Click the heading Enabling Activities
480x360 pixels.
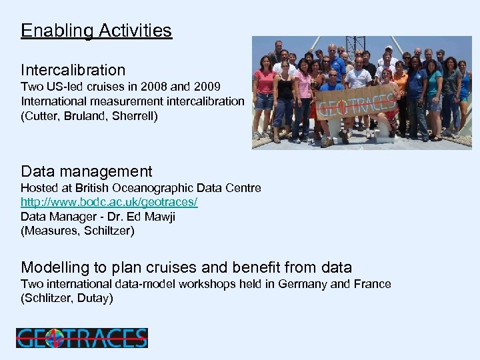coord(96,31)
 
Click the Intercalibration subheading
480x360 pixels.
coord(73,70)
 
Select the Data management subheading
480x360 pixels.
coord(86,172)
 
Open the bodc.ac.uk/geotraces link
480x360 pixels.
coord(109,202)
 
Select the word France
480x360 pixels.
coord(373,284)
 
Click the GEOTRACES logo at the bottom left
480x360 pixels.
coord(81,338)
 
